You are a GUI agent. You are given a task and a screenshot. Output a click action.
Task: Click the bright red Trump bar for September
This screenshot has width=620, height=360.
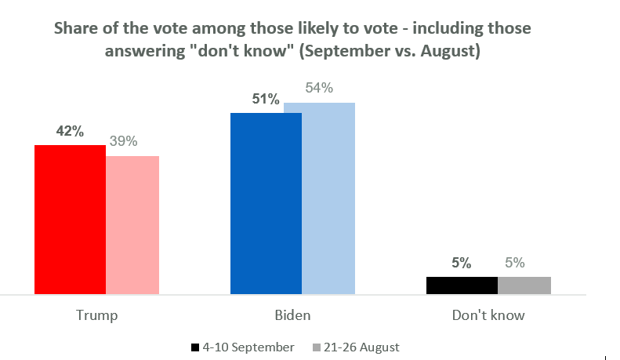tap(71, 220)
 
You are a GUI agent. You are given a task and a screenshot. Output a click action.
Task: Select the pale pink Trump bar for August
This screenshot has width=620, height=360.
tap(132, 225)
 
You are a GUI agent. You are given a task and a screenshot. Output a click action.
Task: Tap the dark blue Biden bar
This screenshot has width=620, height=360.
tap(266, 203)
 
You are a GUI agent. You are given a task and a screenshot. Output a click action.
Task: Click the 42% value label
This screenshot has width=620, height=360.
tap(70, 132)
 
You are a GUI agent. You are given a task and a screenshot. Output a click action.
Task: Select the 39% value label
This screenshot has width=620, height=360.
tap(123, 141)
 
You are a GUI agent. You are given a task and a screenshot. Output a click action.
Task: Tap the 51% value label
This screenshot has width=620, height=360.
tap(266, 100)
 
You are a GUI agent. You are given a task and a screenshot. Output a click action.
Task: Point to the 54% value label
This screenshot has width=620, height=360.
tap(319, 89)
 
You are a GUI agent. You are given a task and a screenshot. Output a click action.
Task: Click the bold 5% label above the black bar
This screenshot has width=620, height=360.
tap(461, 264)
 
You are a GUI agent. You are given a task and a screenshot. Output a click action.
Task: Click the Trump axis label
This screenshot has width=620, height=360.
tap(97, 316)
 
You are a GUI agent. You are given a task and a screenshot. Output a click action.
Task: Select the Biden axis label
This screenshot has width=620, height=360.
tap(292, 316)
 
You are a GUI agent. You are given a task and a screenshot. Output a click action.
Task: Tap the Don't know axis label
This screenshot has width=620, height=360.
tap(488, 316)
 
